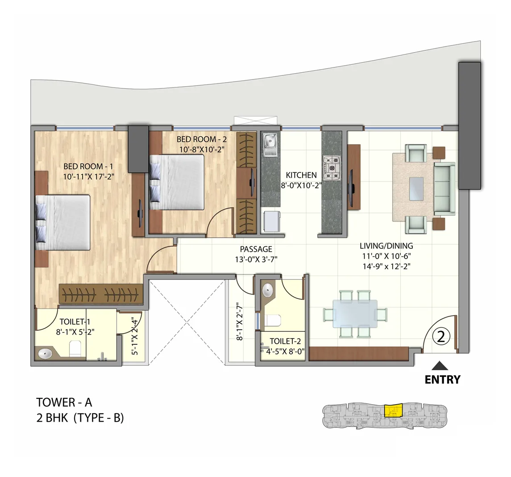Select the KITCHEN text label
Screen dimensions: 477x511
point(301,176)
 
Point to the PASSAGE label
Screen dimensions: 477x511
point(256,249)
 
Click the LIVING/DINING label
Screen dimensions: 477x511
point(386,246)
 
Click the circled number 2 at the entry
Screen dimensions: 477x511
point(441,336)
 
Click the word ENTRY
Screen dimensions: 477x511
point(442,380)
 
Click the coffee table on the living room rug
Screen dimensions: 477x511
point(416,188)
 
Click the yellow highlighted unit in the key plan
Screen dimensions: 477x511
point(393,410)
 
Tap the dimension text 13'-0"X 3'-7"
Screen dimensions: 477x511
point(256,259)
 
